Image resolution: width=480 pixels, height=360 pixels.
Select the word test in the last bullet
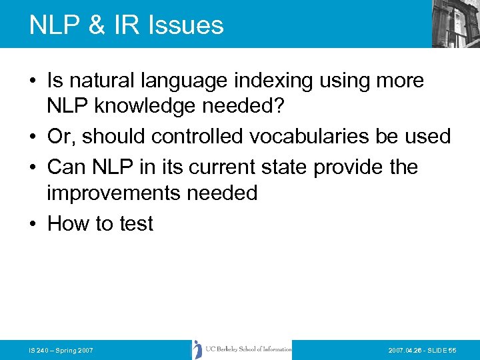136,223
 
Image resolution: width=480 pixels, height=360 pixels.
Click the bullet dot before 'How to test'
33,224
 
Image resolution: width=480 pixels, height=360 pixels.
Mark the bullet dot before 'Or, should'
33,137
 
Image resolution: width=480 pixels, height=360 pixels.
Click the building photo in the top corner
455,23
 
